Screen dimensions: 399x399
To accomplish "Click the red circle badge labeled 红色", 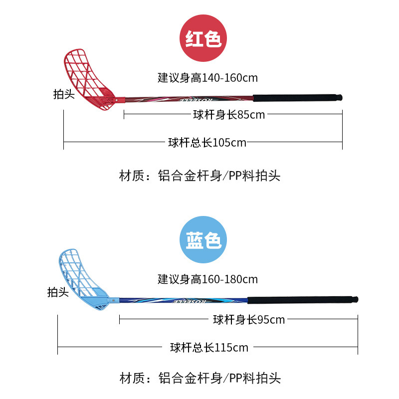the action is (x=203, y=39).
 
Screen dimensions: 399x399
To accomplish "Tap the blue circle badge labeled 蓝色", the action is (x=203, y=240).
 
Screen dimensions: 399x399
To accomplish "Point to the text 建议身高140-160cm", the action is (x=207, y=78).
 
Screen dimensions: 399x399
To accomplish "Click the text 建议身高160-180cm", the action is (x=207, y=279).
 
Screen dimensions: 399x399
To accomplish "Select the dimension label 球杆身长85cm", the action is (x=229, y=115).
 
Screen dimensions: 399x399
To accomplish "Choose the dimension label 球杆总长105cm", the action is (x=207, y=143).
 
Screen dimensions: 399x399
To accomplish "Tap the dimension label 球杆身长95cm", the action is (x=249, y=320).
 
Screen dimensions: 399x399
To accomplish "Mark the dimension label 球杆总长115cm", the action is (x=209, y=347).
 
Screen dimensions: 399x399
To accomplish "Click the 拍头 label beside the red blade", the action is (x=64, y=94).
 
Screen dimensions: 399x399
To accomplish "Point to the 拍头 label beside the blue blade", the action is (x=58, y=292).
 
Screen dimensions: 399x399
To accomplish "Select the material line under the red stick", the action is (x=200, y=176).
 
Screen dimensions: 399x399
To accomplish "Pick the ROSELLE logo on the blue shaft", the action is (x=188, y=301).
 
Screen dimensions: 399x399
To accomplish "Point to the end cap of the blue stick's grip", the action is (x=355, y=300).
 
